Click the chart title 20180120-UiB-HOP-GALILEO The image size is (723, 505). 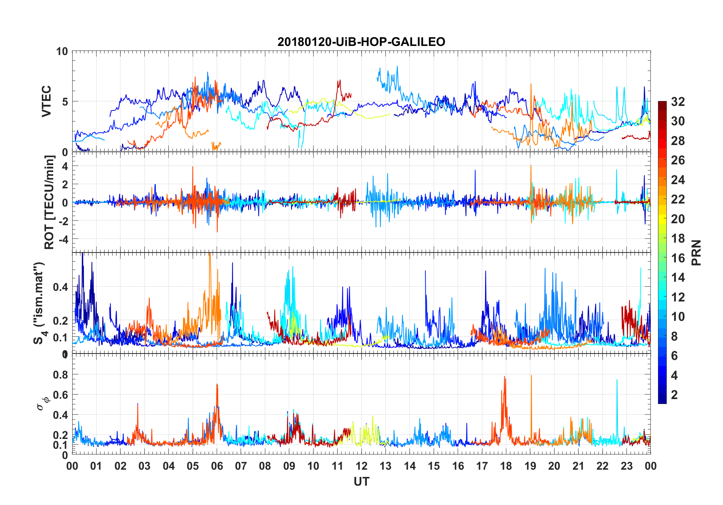[361, 42]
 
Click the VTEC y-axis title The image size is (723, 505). [46, 101]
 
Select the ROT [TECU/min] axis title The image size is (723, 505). [49, 202]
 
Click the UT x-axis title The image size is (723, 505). [361, 482]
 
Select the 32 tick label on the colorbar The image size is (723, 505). [678, 102]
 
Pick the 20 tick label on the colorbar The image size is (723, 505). [678, 219]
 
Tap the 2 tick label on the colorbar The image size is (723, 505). [674, 395]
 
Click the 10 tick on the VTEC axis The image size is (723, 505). [62, 52]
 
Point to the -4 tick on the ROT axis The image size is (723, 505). [63, 239]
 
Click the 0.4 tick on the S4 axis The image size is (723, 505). [60, 287]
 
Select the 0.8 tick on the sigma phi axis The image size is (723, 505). [60, 375]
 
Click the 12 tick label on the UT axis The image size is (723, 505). [361, 466]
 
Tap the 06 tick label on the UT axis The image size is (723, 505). [217, 466]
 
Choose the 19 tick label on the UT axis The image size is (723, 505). [530, 466]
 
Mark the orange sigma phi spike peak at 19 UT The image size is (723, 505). [531, 376]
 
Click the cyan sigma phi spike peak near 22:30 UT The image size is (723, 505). [617, 380]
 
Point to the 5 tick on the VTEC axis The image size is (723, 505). [65, 102]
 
